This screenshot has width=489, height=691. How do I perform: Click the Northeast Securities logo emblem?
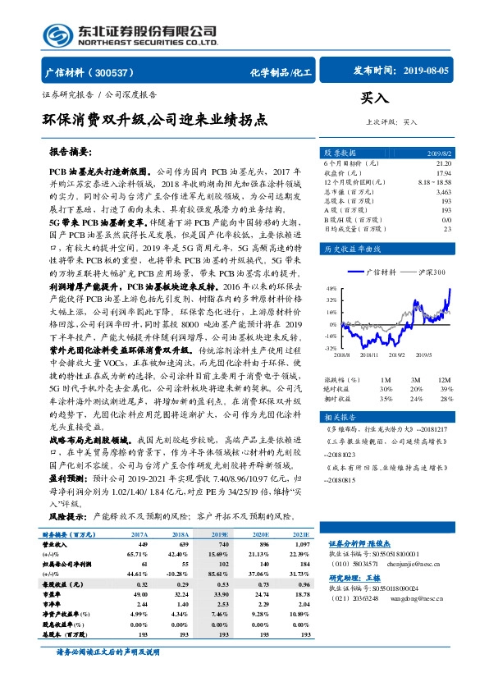[x=56, y=34]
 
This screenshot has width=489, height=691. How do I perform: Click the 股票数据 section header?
[x=340, y=153]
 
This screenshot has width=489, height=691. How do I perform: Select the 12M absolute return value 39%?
[x=446, y=387]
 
